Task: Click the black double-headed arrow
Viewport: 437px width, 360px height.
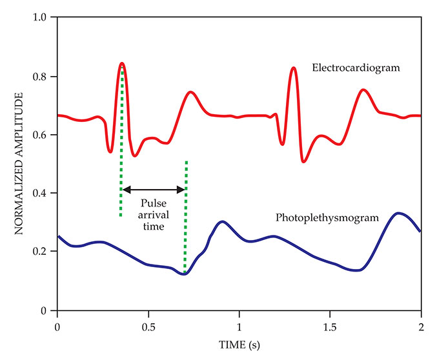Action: pos(154,190)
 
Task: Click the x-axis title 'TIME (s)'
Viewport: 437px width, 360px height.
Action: pos(239,346)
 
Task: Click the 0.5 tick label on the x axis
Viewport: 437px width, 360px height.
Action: pos(148,324)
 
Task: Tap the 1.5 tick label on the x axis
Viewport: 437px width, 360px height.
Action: pos(330,324)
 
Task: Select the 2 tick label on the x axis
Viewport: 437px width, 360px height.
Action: pos(421,324)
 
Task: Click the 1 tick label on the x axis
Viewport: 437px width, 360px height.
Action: pos(239,324)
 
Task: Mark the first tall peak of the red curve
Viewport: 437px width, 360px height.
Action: pos(121,63)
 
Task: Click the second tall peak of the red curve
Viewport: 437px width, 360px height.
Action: pos(294,67)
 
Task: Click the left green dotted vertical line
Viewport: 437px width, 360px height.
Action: pos(121,161)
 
